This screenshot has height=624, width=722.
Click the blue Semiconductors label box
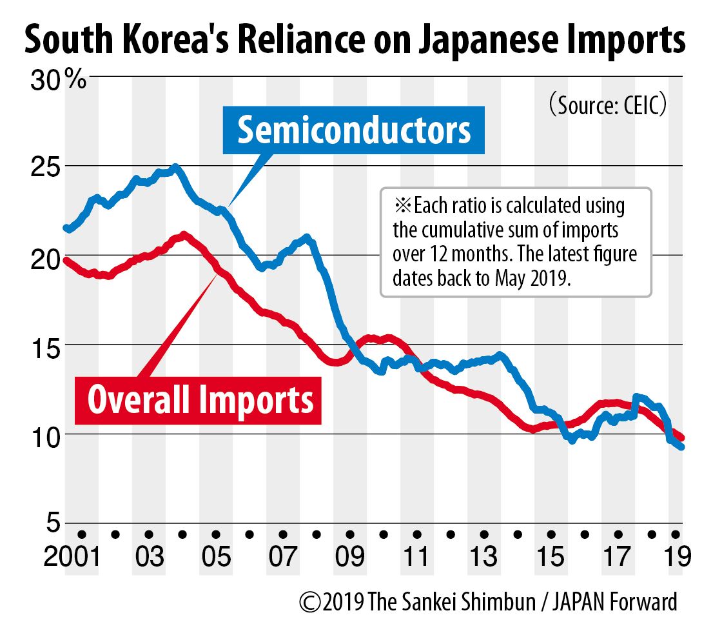point(354,130)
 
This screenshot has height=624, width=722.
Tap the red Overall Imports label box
point(200,399)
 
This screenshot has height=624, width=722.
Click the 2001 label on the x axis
point(72,557)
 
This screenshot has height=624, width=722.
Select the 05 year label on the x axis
point(216,557)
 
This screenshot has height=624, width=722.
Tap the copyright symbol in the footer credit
point(310,602)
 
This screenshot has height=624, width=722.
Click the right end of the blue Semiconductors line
point(682,447)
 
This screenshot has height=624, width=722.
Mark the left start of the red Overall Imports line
point(65,260)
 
